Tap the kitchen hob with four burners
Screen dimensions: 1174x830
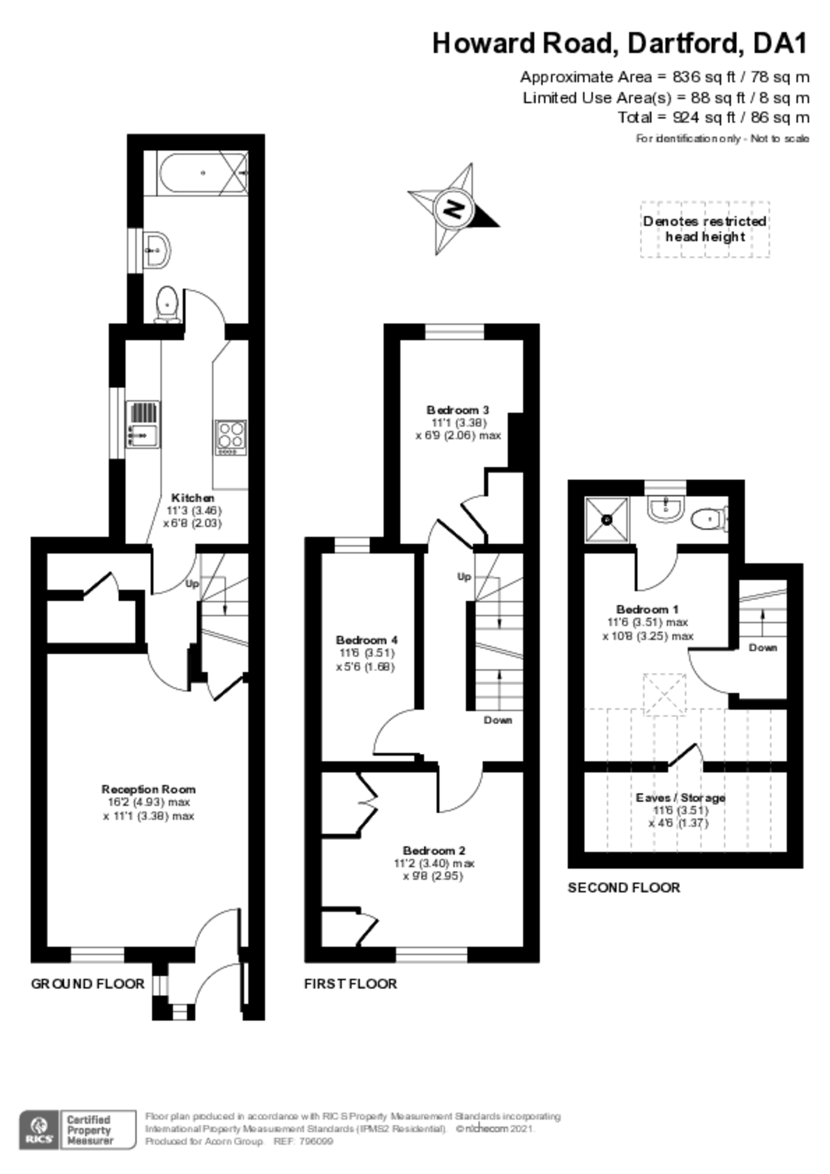[x=231, y=437]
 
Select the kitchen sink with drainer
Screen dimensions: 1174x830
[x=143, y=425]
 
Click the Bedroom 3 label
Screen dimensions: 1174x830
[x=458, y=409]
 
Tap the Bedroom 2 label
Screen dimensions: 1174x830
[x=434, y=850]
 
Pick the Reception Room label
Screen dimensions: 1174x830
[x=148, y=789]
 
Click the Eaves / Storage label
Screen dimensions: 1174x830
[x=680, y=797]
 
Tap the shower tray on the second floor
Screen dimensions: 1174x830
[x=606, y=519]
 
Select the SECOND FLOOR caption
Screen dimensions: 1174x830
[x=624, y=887]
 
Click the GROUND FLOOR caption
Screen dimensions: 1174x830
[x=88, y=983]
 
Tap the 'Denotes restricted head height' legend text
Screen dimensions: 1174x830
[x=704, y=229]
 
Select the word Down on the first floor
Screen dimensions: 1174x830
[x=498, y=720]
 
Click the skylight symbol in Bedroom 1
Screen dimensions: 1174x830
[x=664, y=694]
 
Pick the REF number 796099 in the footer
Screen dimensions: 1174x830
[x=317, y=1141]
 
